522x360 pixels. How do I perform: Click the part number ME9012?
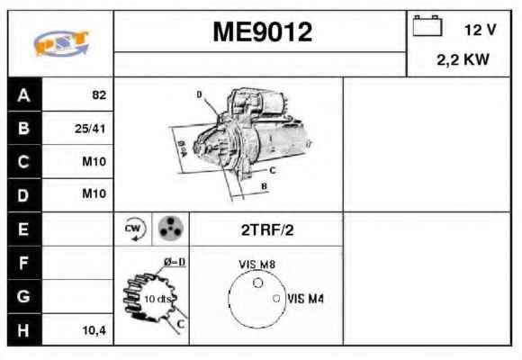tap(262, 32)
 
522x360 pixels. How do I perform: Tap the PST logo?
tap(61, 43)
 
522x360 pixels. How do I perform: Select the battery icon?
tap(427, 25)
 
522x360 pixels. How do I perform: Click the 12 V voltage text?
tap(481, 30)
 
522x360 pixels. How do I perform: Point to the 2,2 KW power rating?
tap(463, 60)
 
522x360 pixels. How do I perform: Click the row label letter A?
tap(23, 95)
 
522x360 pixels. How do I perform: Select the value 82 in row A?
tap(99, 95)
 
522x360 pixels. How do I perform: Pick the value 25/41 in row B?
tap(90, 129)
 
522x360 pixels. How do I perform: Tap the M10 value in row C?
tap(94, 161)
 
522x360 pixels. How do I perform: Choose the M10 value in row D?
tap(94, 193)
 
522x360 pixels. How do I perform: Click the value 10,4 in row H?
tap(94, 330)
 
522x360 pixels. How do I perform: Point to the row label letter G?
tap(23, 296)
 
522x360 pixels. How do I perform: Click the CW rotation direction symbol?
tap(134, 229)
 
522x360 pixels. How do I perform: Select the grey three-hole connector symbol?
tap(170, 229)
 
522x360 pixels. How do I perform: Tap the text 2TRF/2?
tap(267, 230)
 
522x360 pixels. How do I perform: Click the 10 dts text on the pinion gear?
tap(157, 299)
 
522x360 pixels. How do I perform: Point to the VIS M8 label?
tap(257, 265)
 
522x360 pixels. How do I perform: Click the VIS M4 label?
tap(305, 299)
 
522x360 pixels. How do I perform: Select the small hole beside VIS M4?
tap(276, 299)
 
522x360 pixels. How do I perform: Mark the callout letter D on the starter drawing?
tap(199, 94)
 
